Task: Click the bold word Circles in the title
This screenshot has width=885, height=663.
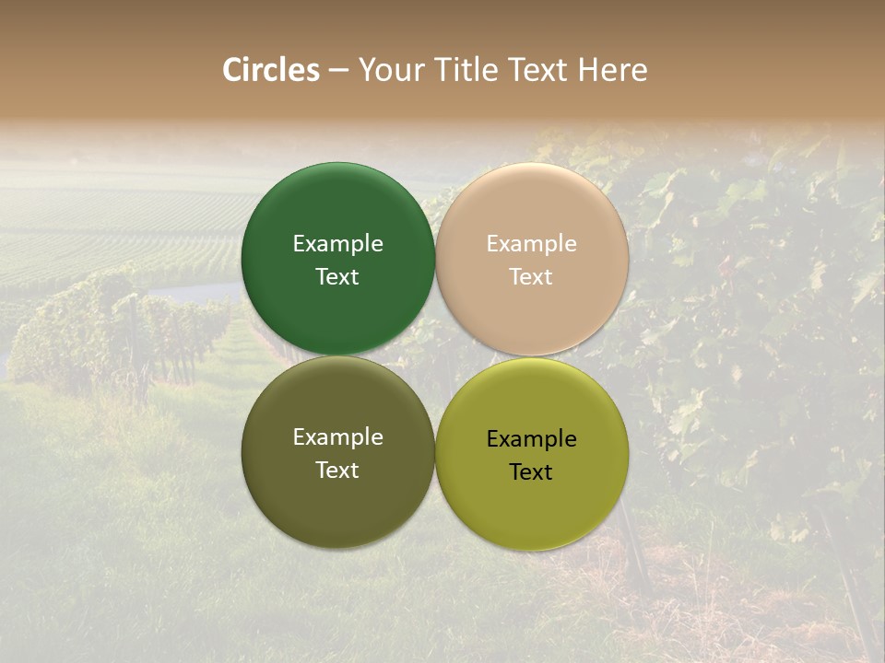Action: click(x=271, y=70)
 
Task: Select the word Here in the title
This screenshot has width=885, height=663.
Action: click(x=612, y=70)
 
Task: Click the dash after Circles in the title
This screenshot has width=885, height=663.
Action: click(x=338, y=71)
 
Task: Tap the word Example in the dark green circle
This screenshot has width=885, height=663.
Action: click(x=337, y=244)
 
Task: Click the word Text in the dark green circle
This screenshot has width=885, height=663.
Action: click(x=337, y=277)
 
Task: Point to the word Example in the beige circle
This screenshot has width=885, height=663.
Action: click(x=532, y=244)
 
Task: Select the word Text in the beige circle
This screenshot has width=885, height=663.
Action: click(x=532, y=277)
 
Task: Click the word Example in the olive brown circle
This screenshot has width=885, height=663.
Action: click(x=337, y=437)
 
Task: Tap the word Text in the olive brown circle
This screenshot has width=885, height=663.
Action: click(x=337, y=471)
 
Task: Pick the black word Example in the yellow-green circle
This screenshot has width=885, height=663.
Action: click(x=532, y=439)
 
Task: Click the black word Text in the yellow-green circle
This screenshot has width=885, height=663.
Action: click(x=532, y=472)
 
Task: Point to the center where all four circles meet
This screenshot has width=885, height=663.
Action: click(x=435, y=356)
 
